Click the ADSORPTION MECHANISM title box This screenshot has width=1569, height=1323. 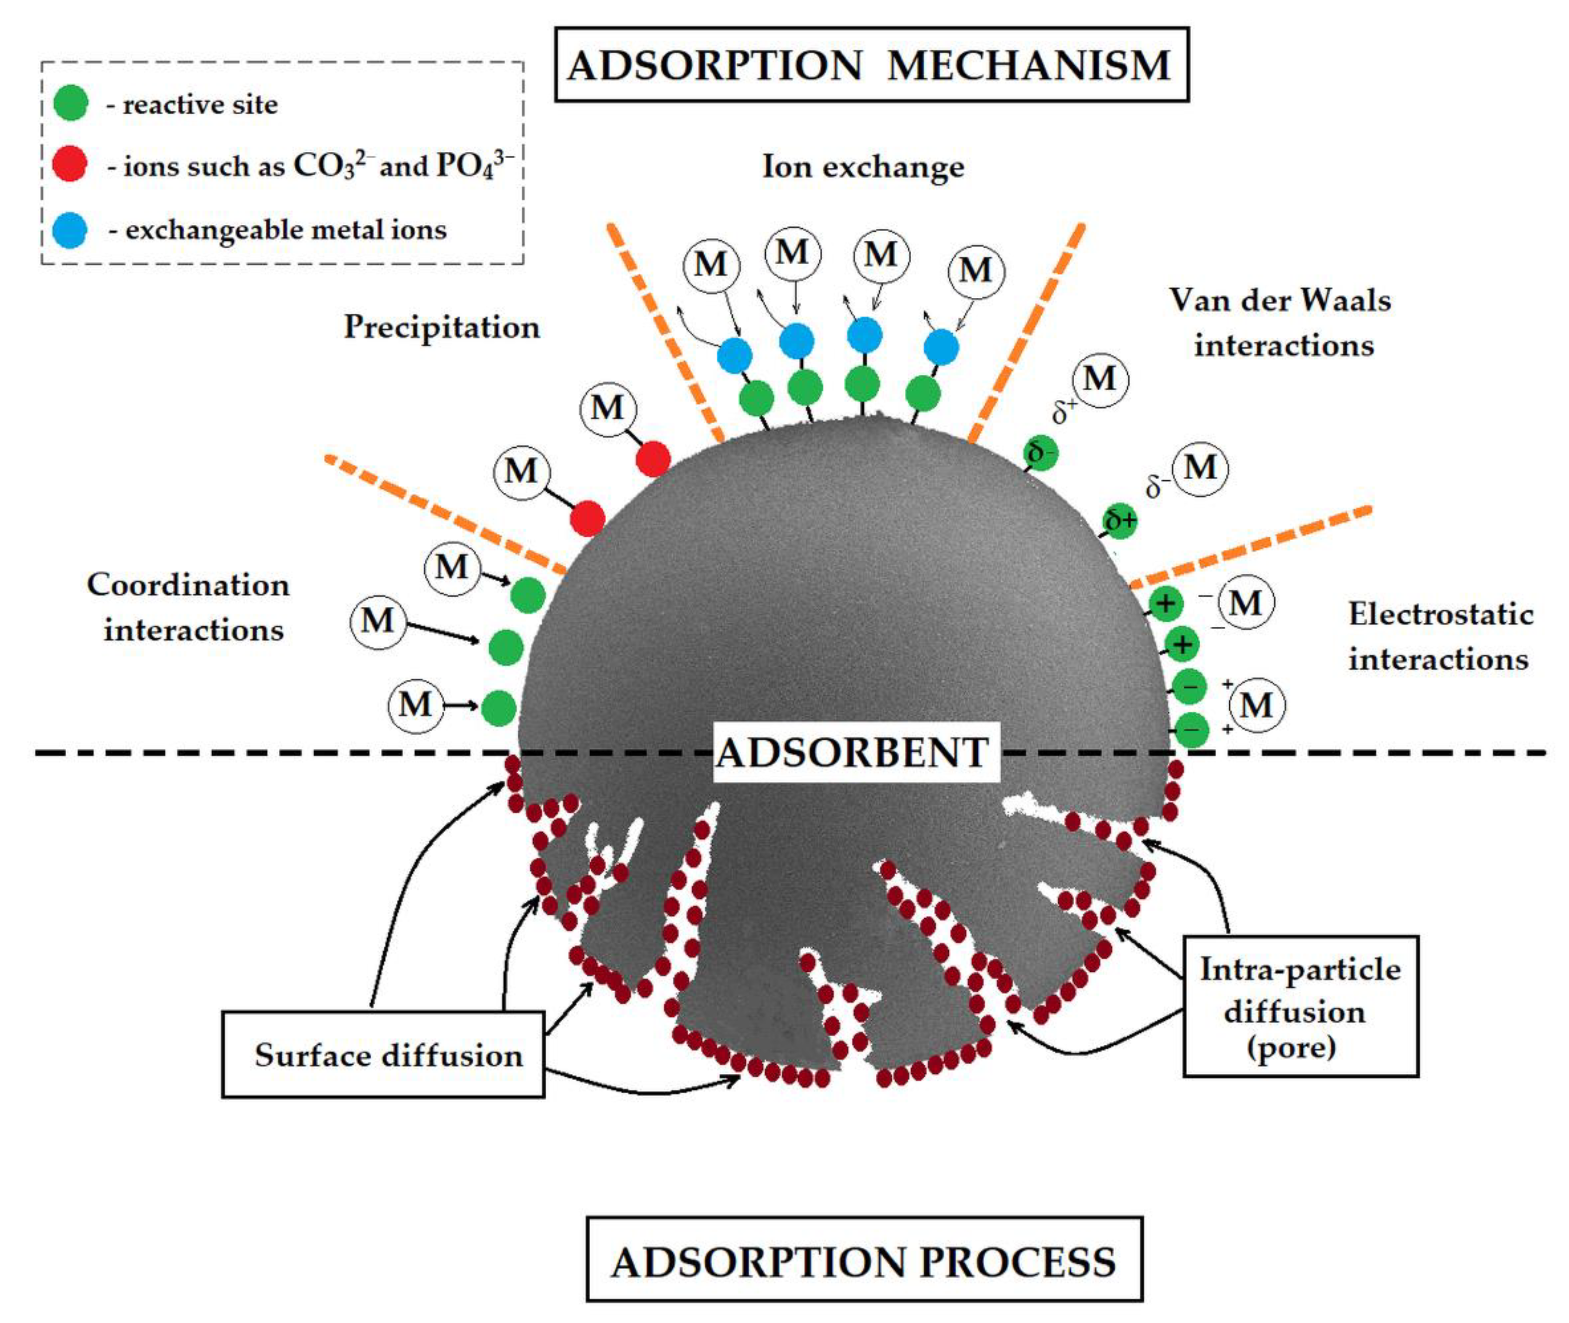click(x=871, y=65)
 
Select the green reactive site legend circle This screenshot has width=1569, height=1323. click(x=71, y=103)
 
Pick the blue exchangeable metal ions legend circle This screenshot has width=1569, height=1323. click(x=70, y=230)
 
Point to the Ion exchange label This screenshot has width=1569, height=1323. click(x=863, y=166)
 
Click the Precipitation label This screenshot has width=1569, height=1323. click(x=442, y=327)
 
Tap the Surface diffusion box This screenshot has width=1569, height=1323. click(x=383, y=1054)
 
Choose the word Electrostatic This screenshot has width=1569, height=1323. click(x=1441, y=614)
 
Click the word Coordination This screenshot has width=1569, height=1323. click(x=188, y=585)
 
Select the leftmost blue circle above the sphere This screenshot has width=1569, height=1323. click(x=735, y=356)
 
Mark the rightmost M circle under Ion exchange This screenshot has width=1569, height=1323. click(x=976, y=271)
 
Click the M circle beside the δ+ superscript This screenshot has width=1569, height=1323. click(x=1100, y=380)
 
